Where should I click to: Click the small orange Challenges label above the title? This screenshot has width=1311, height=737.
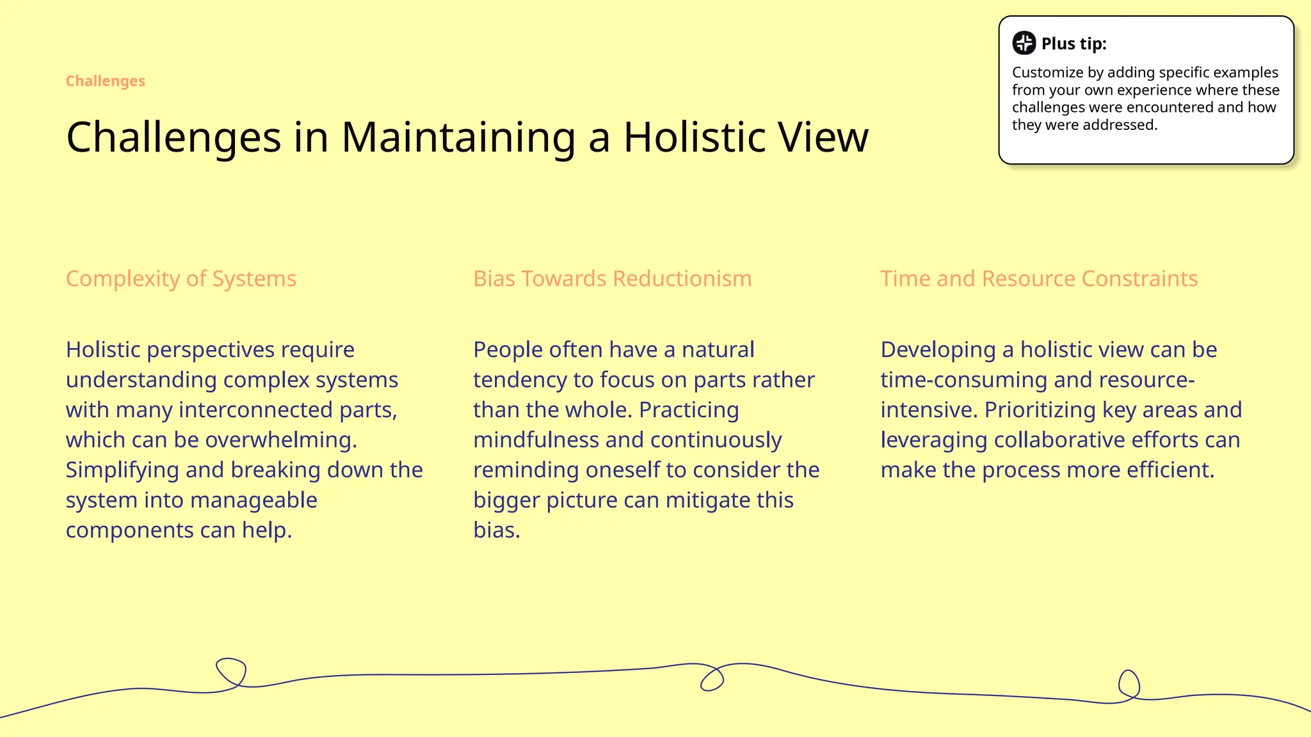click(x=106, y=81)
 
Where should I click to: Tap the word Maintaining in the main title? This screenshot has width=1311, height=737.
click(x=458, y=137)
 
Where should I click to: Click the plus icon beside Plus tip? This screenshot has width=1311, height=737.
click(x=1024, y=43)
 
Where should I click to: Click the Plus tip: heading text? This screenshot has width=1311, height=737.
click(x=1074, y=44)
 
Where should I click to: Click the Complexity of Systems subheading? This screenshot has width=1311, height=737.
click(x=181, y=279)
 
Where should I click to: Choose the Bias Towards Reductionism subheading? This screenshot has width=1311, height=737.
click(x=612, y=279)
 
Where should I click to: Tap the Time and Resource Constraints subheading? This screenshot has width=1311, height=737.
click(x=1039, y=279)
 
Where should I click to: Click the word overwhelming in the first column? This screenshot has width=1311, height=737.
click(x=281, y=440)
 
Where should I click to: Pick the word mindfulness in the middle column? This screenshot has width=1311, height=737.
click(x=536, y=440)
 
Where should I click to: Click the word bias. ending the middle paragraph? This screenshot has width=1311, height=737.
click(x=496, y=530)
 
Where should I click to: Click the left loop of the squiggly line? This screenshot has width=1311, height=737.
click(x=231, y=672)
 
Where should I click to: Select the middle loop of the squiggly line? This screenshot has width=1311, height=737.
click(x=712, y=678)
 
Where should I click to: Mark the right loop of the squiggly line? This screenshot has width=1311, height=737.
click(x=1129, y=685)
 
